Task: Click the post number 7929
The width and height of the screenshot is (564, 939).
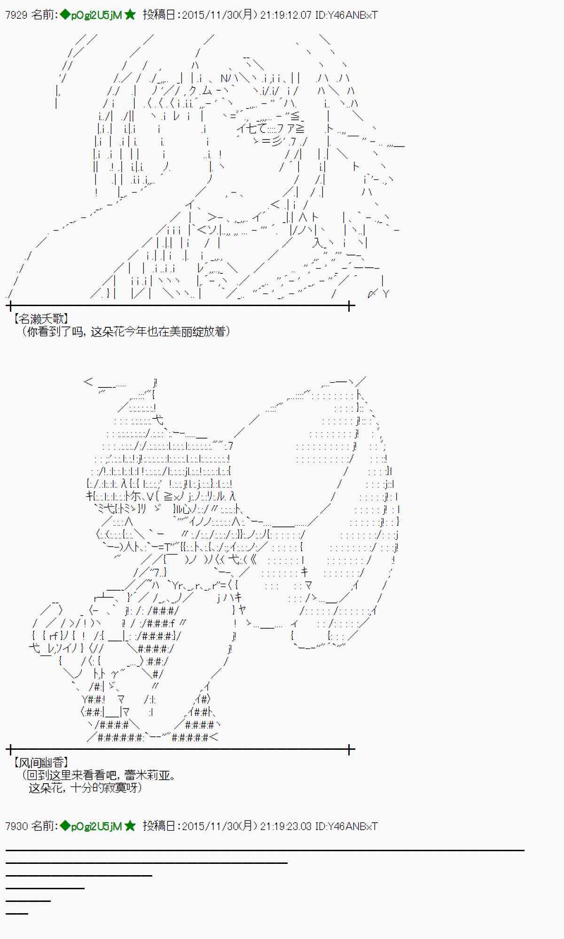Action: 16,15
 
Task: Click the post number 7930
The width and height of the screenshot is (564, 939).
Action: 16,826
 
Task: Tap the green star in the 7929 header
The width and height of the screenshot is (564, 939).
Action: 130,15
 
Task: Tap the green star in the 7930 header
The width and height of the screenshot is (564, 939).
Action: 130,826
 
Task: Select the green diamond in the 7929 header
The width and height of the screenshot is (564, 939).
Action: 65,15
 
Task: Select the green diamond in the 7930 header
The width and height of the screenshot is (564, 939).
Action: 65,826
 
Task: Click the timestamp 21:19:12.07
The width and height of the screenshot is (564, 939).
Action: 286,15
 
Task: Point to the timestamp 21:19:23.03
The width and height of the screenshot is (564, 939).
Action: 286,826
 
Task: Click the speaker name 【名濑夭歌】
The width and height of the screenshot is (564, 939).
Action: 41,319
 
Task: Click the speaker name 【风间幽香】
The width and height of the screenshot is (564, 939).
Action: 41,763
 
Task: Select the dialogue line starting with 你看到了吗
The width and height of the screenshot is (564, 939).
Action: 126,332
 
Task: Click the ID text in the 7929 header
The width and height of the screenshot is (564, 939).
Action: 346,15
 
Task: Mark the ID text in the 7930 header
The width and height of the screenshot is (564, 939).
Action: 346,826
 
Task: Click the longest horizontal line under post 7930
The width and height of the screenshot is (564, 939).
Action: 265,850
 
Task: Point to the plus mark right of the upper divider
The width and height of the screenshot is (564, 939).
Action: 350,307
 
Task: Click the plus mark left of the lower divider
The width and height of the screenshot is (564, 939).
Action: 10,750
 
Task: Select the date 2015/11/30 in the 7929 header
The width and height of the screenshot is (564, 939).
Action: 211,15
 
